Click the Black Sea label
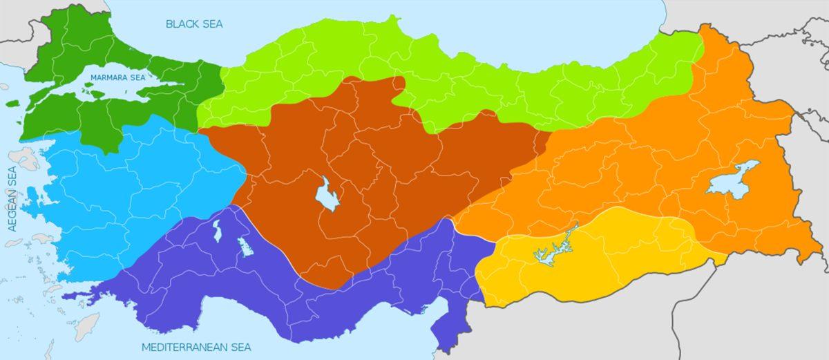coord(195,23)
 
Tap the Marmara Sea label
coord(118,77)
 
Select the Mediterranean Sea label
coord(196,347)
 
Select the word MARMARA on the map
coord(106,77)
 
